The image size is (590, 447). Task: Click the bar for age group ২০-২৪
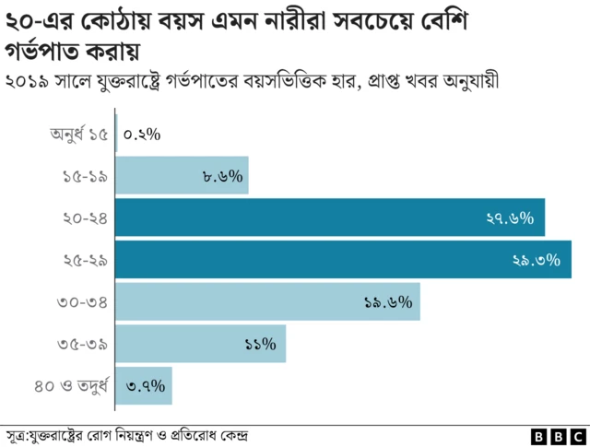(330, 218)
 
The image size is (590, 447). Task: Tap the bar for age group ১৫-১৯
(182, 176)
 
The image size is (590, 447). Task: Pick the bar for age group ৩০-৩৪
(267, 302)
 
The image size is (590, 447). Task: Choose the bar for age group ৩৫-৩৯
(200, 344)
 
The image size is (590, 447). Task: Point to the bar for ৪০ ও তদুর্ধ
(144, 385)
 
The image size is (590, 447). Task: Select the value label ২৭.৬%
(510, 218)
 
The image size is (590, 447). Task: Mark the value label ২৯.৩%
(536, 261)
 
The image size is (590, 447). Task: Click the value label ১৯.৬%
(387, 302)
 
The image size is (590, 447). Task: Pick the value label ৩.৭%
(145, 385)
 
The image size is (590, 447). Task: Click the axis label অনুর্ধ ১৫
(80, 135)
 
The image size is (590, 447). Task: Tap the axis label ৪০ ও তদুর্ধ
(73, 385)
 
